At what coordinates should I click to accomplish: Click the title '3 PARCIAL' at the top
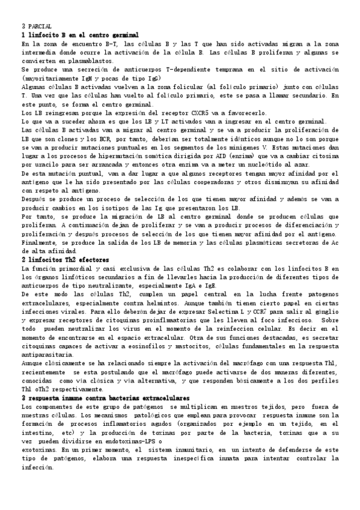(x=36, y=26)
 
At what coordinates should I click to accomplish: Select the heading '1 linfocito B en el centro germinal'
(x=80, y=35)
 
